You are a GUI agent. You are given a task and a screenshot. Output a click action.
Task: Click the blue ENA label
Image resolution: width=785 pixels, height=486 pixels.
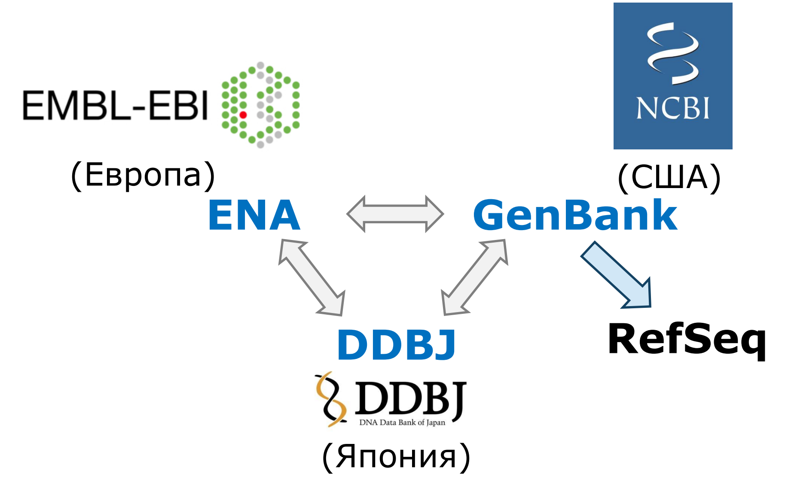pyautogui.click(x=254, y=215)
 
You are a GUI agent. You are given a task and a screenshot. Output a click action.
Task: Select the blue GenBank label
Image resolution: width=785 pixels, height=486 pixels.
pyautogui.click(x=575, y=215)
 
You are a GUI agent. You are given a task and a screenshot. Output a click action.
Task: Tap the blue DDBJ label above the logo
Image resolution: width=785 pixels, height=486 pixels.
pyautogui.click(x=396, y=345)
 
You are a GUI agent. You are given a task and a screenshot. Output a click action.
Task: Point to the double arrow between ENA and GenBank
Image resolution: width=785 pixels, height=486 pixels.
pyautogui.click(x=395, y=214)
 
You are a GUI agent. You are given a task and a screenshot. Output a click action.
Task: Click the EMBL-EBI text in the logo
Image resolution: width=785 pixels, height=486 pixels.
pyautogui.click(x=115, y=105)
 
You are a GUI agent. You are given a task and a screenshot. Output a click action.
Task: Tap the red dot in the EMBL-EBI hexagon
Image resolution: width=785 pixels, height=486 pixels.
pyautogui.click(x=243, y=115)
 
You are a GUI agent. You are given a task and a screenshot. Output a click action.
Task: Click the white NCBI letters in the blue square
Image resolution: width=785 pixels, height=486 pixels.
pyautogui.click(x=672, y=108)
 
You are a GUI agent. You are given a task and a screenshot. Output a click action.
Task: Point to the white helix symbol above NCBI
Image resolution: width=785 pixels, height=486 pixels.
pyautogui.click(x=672, y=54)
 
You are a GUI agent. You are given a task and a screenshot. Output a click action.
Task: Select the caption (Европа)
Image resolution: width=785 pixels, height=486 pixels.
pyautogui.click(x=143, y=175)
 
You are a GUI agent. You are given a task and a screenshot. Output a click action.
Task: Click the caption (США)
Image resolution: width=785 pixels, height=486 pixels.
pyautogui.click(x=669, y=177)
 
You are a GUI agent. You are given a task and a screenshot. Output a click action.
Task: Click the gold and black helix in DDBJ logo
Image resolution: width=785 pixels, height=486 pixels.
pyautogui.click(x=331, y=399)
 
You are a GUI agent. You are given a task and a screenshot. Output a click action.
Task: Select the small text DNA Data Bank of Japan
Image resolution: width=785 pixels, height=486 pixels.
pyautogui.click(x=402, y=422)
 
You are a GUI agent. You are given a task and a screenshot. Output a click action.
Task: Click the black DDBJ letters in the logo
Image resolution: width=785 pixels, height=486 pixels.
pyautogui.click(x=410, y=398)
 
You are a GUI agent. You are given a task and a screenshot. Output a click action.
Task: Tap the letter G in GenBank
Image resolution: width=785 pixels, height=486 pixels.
pyautogui.click(x=490, y=215)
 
